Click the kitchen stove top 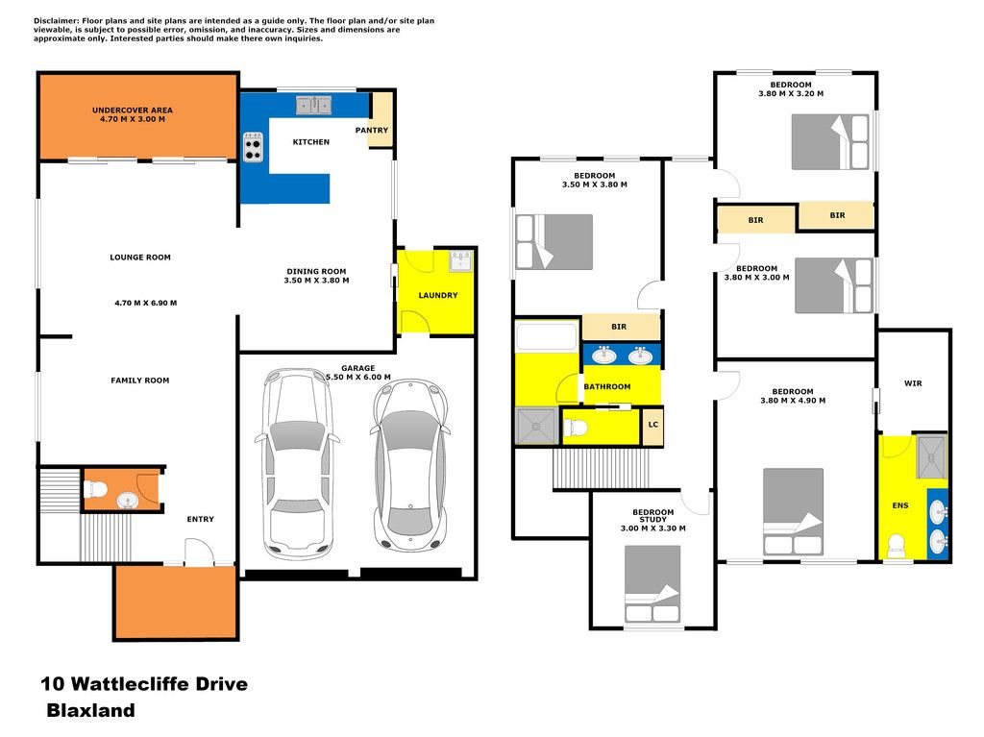tap(253, 147)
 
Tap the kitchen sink tap(314, 106)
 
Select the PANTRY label tap(372, 130)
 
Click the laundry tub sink tap(460, 260)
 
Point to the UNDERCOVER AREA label tap(133, 110)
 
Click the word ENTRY tap(200, 519)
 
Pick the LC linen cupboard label tap(653, 425)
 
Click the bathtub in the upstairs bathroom tap(546, 336)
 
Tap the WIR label tap(913, 383)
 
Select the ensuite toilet tap(897, 546)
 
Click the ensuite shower tap(931, 455)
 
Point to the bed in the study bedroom tap(652, 584)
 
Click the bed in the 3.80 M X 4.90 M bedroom tap(793, 511)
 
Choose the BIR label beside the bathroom tap(619, 327)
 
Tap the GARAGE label tap(358, 369)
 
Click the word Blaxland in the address tap(91, 710)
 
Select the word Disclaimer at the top tap(56, 21)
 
